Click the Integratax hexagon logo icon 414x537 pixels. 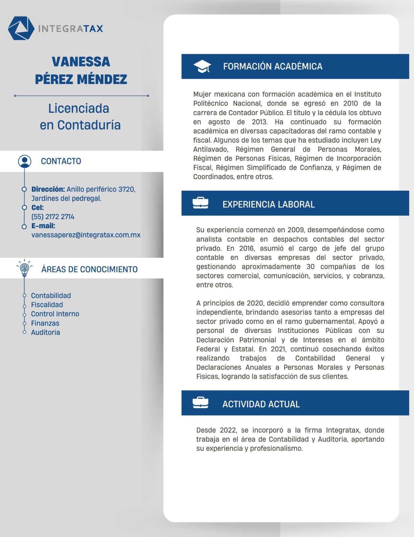[x=21, y=28]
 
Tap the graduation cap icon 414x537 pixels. [x=202, y=66]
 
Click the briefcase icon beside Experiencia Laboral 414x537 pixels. [x=200, y=203]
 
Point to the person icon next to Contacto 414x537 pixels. [x=24, y=161]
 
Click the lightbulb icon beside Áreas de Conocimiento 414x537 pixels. [x=24, y=268]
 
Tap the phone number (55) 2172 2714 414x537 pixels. [x=53, y=217]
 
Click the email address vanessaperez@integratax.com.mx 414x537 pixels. [x=86, y=235]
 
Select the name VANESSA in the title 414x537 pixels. [x=81, y=62]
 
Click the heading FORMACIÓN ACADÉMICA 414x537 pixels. [x=273, y=66]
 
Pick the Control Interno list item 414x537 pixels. [x=55, y=314]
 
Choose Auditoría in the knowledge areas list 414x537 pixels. [x=46, y=332]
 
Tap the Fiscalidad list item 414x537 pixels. [x=47, y=305]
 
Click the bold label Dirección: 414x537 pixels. [x=48, y=189]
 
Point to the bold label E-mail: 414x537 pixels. [x=43, y=226]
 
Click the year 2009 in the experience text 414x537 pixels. [x=296, y=230]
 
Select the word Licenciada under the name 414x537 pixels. [x=79, y=108]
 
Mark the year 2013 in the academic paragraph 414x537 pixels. [x=259, y=122]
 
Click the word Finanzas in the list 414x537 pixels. [x=45, y=323]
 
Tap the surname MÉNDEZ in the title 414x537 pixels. [x=102, y=80]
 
